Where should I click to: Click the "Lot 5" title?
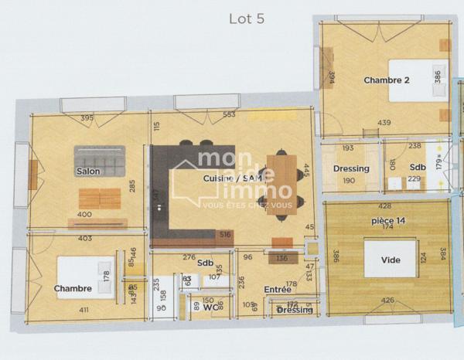point(247,19)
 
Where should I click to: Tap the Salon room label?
point(87,171)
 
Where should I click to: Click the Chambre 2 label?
point(386,80)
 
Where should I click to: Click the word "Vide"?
point(391,260)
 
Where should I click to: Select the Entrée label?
point(278,289)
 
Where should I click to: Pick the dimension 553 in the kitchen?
point(229,115)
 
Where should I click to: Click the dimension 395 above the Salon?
point(87,118)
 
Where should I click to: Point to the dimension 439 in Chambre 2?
point(384,123)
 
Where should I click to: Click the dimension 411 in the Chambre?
point(84,310)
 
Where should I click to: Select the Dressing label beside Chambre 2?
point(351,168)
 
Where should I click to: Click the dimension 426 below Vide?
point(388,301)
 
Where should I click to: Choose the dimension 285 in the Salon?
point(133,185)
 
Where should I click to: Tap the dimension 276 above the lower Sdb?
point(188,256)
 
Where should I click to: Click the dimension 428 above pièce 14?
point(384,206)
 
